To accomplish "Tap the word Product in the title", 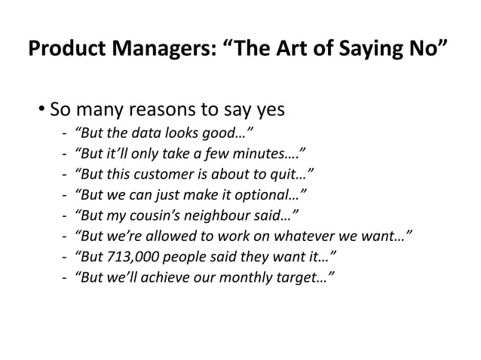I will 61,53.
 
